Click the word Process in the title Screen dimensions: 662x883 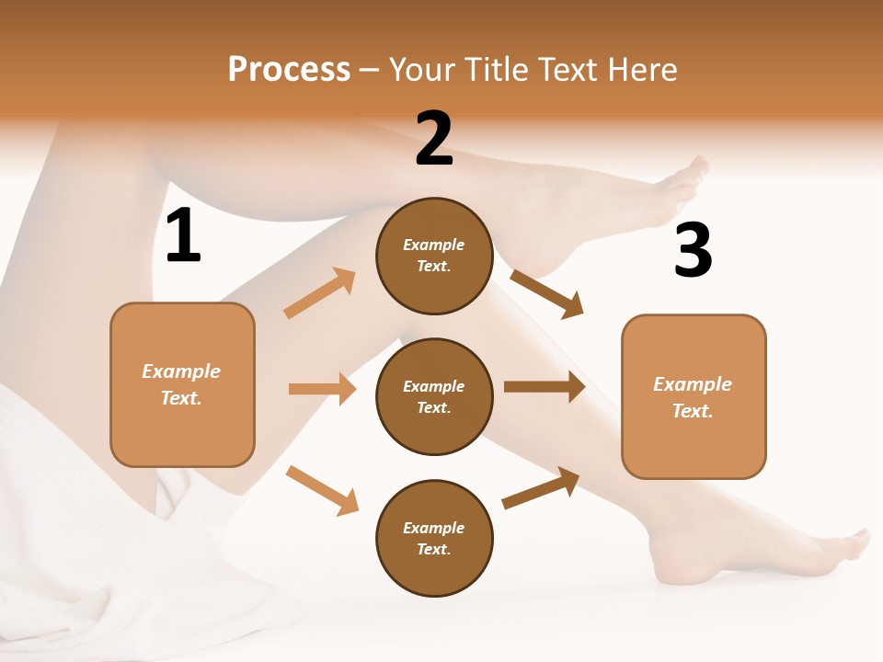tap(289, 69)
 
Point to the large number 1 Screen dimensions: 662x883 tap(183, 236)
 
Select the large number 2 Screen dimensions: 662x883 tap(434, 139)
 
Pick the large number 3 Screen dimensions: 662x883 tap(693, 250)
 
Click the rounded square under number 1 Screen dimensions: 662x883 tap(182, 384)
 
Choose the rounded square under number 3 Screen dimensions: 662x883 tap(694, 396)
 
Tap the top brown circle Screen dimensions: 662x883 tap(434, 256)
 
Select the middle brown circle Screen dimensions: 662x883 tap(434, 396)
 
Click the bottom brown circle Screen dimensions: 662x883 tap(434, 538)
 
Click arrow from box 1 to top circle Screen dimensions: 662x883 tap(320, 293)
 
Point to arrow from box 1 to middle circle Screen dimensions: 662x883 tap(322, 389)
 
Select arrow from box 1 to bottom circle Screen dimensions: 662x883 tap(322, 490)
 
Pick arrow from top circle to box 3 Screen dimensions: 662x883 tap(546, 293)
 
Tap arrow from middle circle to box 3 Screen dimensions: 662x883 tap(544, 387)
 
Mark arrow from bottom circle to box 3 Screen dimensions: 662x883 tap(541, 488)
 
